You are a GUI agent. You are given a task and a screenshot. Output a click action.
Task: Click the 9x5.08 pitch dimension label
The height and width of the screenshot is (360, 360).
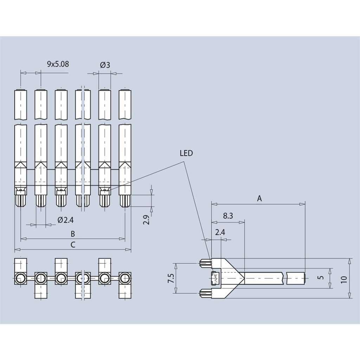(58, 64)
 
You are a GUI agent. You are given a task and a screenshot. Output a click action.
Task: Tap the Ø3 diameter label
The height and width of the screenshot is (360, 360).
(105, 65)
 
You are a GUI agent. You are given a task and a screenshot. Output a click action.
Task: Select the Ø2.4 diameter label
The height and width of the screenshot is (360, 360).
(65, 220)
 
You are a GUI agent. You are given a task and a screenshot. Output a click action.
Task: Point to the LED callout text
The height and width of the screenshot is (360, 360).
(186, 153)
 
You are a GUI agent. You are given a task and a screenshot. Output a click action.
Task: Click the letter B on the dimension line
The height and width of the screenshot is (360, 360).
(73, 233)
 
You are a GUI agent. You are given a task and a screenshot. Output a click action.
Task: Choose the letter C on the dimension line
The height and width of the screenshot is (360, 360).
(73, 245)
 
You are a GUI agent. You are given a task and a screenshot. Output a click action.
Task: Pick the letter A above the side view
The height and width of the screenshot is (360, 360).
(259, 199)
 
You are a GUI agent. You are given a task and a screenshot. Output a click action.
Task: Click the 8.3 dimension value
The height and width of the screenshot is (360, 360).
(228, 216)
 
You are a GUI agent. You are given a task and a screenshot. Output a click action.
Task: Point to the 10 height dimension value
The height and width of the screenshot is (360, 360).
(344, 279)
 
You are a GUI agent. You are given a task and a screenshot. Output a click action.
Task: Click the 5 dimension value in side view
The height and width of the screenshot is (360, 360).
(320, 278)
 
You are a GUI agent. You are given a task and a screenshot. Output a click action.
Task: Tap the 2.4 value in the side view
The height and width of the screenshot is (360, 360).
(220, 232)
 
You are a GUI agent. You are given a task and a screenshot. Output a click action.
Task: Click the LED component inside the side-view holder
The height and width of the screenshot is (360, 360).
(214, 278)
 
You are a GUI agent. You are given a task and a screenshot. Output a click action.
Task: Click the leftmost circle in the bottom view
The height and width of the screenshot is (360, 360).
(20, 278)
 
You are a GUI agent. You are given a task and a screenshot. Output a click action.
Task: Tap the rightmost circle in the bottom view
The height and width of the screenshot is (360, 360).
(125, 278)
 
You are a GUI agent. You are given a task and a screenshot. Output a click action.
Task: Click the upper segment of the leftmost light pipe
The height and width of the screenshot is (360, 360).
(20, 105)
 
